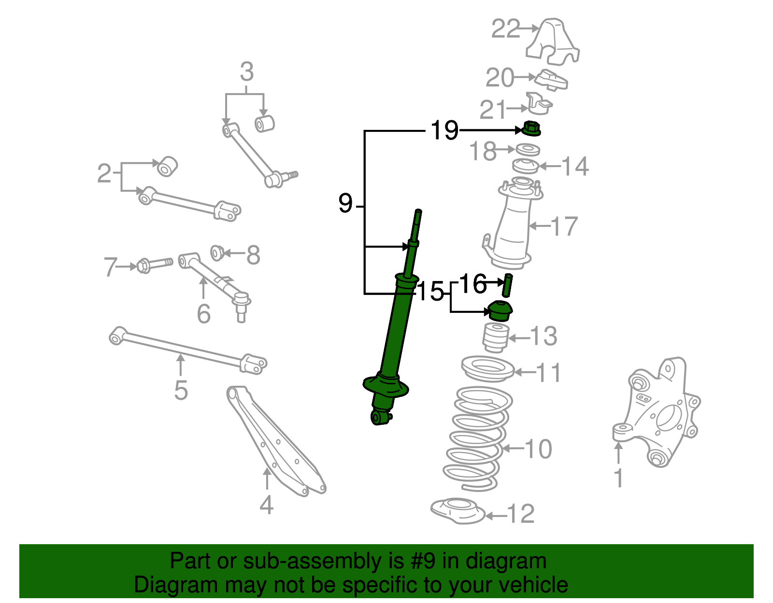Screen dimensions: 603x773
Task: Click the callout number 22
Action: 506,29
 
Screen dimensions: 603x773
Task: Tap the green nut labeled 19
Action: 531,129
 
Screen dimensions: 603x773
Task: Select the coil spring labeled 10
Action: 477,437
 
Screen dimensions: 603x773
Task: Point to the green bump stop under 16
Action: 501,311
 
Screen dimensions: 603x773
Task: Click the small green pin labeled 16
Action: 507,285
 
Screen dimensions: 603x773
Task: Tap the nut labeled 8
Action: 217,252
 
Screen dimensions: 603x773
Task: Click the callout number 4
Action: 267,505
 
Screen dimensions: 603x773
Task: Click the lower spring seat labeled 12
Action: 457,511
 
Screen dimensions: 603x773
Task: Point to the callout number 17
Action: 564,226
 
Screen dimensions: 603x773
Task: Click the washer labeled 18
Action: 528,150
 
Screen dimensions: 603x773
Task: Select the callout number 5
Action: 181,390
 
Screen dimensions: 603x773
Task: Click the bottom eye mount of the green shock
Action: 380,416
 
